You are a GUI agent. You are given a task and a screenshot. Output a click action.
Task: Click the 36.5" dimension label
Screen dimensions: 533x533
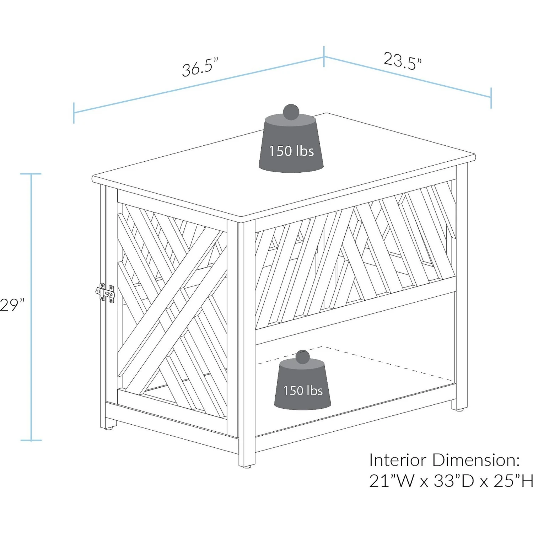(x=200, y=67)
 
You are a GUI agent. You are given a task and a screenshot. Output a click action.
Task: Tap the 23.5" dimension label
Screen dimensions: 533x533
(x=403, y=61)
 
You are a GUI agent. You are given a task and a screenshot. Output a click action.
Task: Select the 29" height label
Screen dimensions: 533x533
(x=12, y=305)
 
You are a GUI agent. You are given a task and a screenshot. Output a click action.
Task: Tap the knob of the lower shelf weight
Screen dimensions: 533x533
(x=302, y=357)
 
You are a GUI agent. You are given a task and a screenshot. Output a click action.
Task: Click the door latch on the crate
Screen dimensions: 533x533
(x=106, y=293)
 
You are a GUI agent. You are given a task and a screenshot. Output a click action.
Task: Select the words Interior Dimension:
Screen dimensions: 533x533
(x=445, y=461)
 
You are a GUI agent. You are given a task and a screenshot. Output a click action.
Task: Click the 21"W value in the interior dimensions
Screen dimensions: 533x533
(x=392, y=481)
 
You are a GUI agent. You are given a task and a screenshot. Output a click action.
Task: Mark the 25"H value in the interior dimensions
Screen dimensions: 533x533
(x=513, y=481)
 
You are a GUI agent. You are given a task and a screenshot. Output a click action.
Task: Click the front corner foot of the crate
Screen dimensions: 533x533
(x=247, y=463)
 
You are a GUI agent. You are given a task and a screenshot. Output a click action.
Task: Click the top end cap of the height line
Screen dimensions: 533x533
(x=31, y=174)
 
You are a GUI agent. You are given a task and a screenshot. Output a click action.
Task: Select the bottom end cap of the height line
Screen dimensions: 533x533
(x=31, y=440)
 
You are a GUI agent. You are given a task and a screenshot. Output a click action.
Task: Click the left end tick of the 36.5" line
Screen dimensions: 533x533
(x=74, y=113)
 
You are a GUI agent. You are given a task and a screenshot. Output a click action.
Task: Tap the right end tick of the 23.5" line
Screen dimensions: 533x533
(x=491, y=98)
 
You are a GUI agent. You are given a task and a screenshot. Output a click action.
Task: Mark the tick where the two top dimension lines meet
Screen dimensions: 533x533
(x=324, y=56)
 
